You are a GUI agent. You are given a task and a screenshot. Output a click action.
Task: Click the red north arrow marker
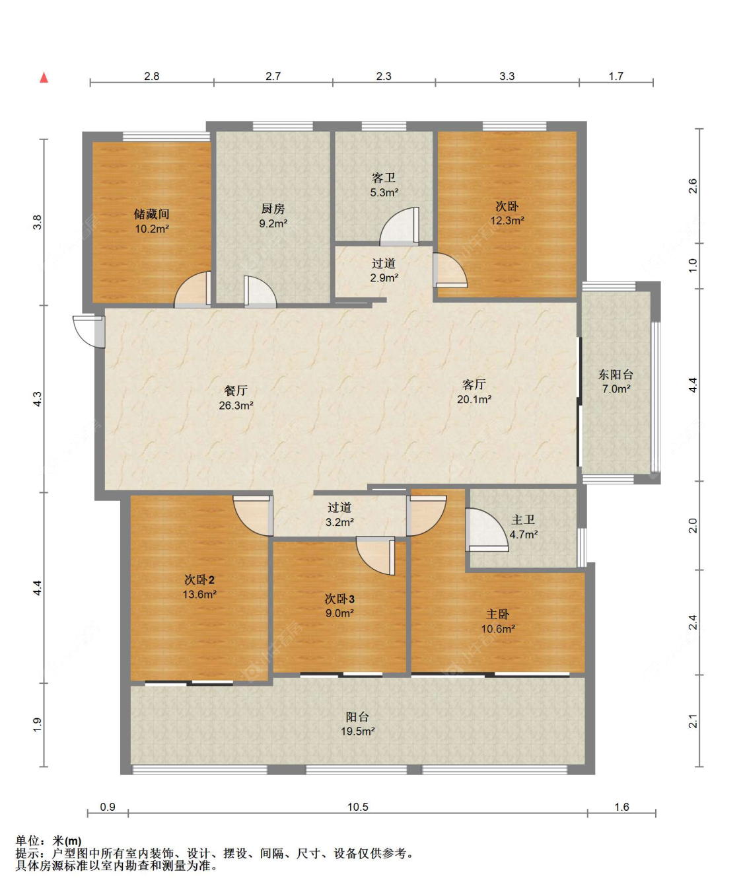44,78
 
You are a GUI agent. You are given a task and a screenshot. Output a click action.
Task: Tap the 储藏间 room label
151,213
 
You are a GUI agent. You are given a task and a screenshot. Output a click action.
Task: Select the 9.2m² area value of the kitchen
273,223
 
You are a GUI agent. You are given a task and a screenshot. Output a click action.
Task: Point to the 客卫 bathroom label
384,178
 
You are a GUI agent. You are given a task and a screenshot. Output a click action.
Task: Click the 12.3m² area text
507,221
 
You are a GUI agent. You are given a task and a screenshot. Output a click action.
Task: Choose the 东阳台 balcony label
616,375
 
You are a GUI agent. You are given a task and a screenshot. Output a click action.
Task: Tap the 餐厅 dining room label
236,391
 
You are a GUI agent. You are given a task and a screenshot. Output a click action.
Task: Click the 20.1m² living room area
474,400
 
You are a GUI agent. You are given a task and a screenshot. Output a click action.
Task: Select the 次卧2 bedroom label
199,579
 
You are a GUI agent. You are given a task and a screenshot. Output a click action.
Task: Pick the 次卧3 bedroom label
339,599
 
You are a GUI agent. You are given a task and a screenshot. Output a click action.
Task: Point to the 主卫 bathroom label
523,519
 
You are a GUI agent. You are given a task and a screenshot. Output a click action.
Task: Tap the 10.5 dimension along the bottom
358,807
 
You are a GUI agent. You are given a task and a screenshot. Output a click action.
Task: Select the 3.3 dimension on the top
507,76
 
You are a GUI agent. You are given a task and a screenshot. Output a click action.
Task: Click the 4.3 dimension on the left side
38,399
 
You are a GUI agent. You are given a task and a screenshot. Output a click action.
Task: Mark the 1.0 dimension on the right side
693,266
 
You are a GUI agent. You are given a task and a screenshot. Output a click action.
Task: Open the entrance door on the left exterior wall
89,331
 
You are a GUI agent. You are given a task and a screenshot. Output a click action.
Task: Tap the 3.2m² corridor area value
339,522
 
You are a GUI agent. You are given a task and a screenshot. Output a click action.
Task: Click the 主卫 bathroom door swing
487,530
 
